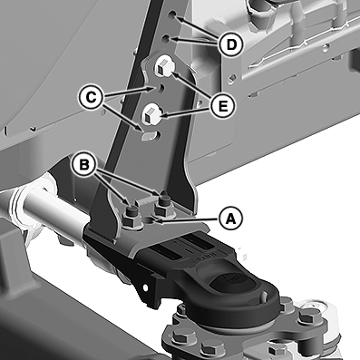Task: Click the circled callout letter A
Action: [x=231, y=219]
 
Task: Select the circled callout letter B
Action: [x=83, y=165]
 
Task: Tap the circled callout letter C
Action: [x=91, y=97]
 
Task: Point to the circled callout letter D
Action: [x=231, y=44]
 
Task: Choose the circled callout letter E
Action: [x=223, y=106]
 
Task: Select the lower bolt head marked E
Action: [x=151, y=114]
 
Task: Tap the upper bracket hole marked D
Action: [x=172, y=15]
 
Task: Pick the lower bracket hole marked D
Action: [x=166, y=39]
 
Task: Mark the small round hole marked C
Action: [x=161, y=87]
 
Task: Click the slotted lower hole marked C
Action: [x=150, y=135]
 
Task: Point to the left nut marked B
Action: [x=131, y=214]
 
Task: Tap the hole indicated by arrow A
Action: [x=149, y=220]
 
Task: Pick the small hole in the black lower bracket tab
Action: [x=145, y=287]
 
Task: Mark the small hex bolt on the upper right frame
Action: [x=231, y=79]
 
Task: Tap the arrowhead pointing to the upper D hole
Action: [x=179, y=19]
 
